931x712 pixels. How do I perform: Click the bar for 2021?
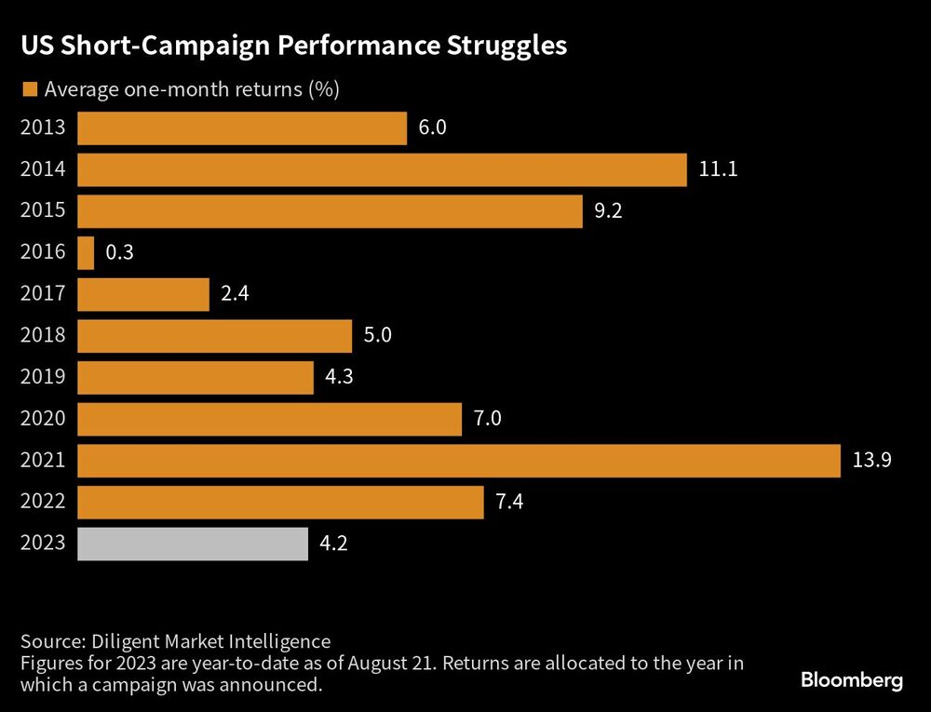tap(458, 461)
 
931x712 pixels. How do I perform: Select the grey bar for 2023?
tap(193, 544)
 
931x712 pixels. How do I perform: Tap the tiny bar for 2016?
tap(86, 252)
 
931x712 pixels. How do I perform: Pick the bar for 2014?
tap(382, 169)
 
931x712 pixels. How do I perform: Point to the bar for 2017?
tap(143, 294)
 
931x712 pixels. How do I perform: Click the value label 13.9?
tap(872, 461)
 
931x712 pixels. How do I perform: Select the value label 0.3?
tap(120, 252)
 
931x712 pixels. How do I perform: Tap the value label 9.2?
tap(607, 210)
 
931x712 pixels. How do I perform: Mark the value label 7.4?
tap(509, 503)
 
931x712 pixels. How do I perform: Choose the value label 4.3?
tap(339, 377)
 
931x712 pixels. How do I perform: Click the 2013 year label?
tap(43, 128)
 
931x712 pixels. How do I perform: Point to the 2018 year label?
tap(43, 336)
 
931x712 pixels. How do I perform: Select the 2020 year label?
tap(43, 419)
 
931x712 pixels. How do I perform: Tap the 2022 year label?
tap(43, 503)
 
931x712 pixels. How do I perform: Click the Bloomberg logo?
tap(851, 680)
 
